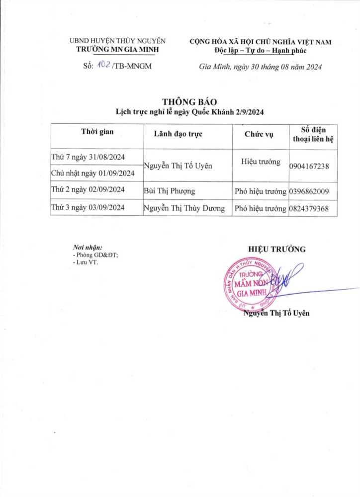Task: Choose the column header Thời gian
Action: pyautogui.click(x=97, y=132)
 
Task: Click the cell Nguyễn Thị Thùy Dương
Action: pyautogui.click(x=184, y=209)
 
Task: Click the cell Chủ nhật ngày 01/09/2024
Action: pyautogui.click(x=93, y=173)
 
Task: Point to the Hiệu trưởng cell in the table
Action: pyautogui.click(x=260, y=162)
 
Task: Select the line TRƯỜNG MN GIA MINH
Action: pyautogui.click(x=118, y=50)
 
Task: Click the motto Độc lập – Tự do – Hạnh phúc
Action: pyautogui.click(x=260, y=50)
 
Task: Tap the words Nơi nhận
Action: pyautogui.click(x=88, y=247)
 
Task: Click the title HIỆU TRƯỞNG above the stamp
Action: pyautogui.click(x=277, y=249)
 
